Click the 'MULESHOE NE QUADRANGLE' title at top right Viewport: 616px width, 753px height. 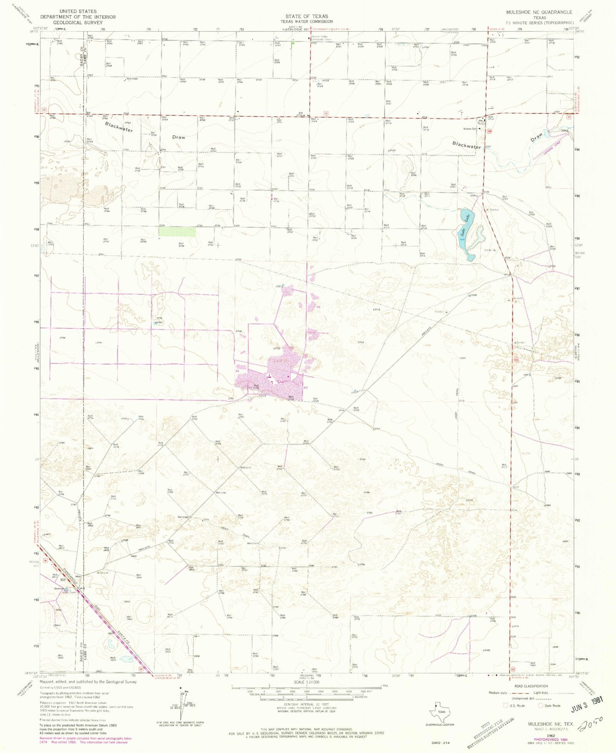point(539,12)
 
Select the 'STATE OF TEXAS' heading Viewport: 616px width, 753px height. point(307,16)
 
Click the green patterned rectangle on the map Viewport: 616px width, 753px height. point(177,231)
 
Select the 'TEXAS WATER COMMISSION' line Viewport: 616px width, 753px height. point(307,22)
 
